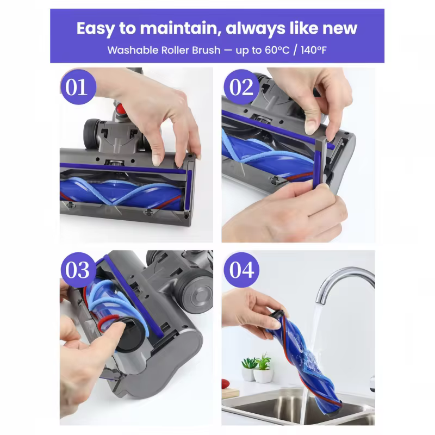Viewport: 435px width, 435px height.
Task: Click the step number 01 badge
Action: pos(78,87)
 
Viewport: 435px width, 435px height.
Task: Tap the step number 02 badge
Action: pos(241,87)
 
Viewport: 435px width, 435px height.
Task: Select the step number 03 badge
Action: pos(78,270)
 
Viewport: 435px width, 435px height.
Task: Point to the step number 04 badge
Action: pos(241,270)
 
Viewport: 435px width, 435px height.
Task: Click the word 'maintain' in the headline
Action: pos(181,28)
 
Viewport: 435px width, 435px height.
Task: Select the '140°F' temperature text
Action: pos(314,50)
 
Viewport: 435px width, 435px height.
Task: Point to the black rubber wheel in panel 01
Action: pos(92,133)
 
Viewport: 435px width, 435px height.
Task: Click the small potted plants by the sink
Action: pos(257,367)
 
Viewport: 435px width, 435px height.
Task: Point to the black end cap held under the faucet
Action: pos(278,314)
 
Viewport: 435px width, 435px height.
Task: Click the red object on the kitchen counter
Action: pos(225,384)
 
